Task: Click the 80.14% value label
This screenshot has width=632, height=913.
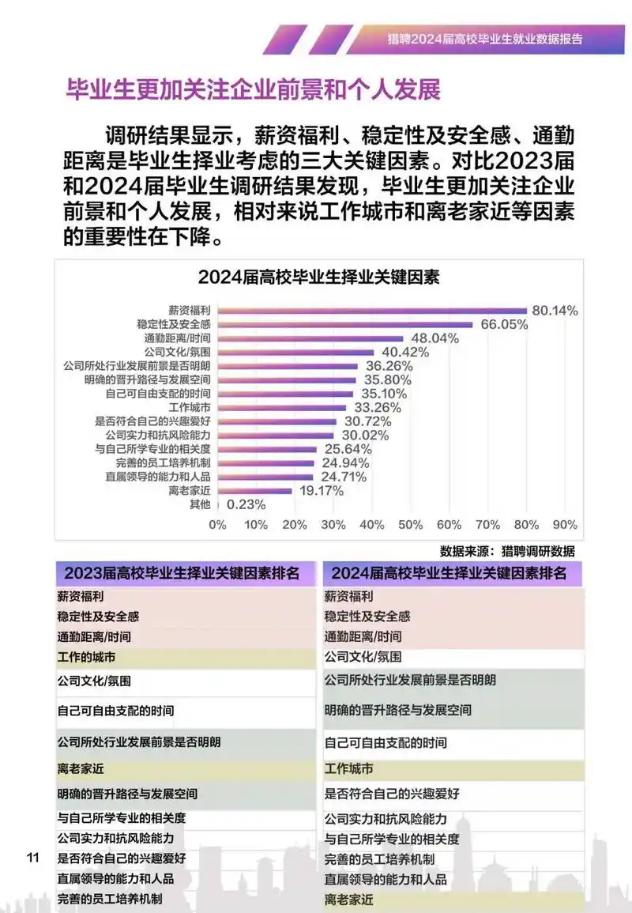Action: click(x=555, y=311)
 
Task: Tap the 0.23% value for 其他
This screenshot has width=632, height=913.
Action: click(x=246, y=504)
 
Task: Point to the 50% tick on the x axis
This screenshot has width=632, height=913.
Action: click(x=411, y=524)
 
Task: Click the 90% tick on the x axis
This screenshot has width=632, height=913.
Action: click(x=565, y=524)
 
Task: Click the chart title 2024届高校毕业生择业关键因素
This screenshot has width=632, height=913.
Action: click(x=318, y=277)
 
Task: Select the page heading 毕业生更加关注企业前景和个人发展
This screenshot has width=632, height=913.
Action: click(x=253, y=89)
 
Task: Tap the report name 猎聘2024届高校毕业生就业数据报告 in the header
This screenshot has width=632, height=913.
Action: click(x=485, y=38)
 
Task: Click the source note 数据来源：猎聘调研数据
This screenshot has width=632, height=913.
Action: click(x=507, y=551)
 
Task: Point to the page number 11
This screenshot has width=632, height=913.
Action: click(x=32, y=858)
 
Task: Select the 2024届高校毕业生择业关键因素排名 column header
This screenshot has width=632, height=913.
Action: click(x=449, y=573)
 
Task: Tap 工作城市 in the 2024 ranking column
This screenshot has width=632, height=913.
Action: click(x=348, y=768)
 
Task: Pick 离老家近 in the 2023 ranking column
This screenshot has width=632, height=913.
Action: click(x=81, y=768)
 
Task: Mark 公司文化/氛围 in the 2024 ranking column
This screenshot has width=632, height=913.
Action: click(x=363, y=657)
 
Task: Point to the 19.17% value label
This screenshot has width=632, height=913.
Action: click(x=320, y=490)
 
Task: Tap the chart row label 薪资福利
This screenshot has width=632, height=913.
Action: click(x=190, y=311)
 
